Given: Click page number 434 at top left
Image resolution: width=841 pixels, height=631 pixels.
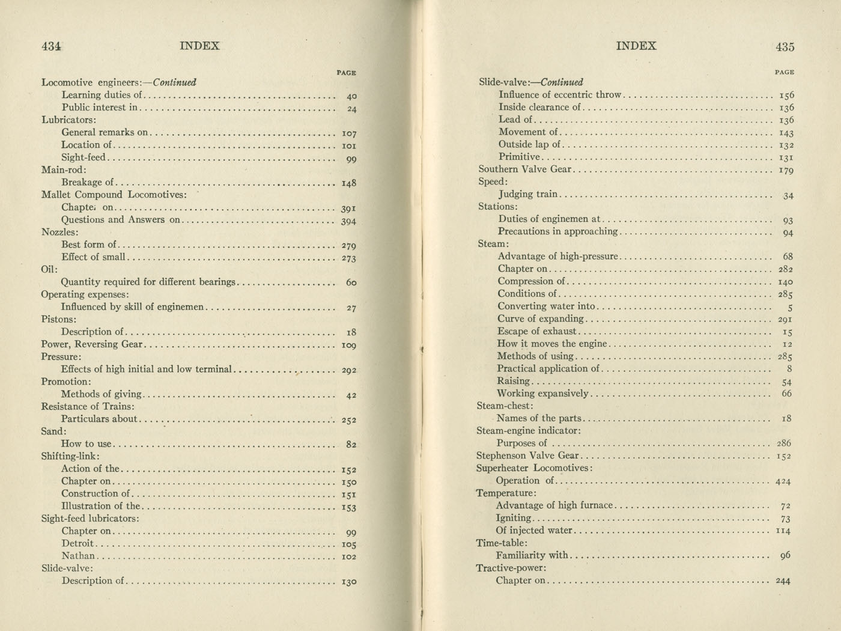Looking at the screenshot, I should tap(52, 46).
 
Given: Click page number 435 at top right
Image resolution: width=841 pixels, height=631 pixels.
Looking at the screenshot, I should tap(785, 46).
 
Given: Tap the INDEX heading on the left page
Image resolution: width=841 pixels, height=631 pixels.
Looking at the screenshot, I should tap(199, 46).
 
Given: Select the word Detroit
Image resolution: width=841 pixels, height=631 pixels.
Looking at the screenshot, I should tap(77, 543).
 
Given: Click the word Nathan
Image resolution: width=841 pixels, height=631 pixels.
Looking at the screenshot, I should tap(77, 556).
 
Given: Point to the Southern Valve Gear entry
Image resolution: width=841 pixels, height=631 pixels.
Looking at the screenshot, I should tap(524, 169).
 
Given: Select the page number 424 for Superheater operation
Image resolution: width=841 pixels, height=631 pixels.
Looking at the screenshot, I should tap(783, 481).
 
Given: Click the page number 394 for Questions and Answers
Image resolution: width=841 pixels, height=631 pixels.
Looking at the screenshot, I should tap(348, 221).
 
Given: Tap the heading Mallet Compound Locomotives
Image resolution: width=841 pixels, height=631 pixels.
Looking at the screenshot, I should tap(114, 195).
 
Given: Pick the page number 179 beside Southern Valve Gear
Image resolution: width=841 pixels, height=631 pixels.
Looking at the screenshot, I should tap(786, 171).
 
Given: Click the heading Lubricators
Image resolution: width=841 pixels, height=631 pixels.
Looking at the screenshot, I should tap(68, 120).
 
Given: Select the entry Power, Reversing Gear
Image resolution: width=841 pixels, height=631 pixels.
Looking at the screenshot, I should tap(92, 344).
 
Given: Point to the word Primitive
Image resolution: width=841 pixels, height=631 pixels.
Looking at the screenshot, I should tap(519, 157).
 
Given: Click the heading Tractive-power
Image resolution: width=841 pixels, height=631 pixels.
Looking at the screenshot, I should tap(511, 568).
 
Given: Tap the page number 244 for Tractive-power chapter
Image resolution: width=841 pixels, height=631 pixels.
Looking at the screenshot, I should tap(783, 581).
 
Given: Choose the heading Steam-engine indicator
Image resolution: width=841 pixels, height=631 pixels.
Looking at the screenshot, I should tap(528, 431).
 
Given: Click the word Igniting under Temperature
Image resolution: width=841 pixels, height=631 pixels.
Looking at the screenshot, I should tap(514, 518).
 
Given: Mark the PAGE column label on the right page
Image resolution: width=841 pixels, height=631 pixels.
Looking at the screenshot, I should tap(784, 72).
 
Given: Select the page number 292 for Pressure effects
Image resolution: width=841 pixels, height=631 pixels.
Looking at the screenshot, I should tap(348, 370).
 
